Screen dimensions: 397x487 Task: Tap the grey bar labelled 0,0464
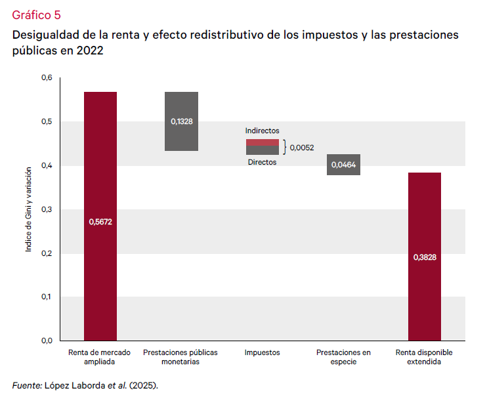click(x=343, y=165)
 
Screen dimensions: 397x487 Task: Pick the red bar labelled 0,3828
click(x=424, y=256)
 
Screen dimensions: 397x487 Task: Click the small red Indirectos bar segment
click(x=263, y=142)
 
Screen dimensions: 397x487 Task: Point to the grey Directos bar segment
click(x=263, y=150)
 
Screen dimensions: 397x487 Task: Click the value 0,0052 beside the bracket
click(x=302, y=148)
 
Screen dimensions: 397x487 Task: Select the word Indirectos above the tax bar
click(x=263, y=131)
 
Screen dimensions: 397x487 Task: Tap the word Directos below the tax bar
click(x=262, y=162)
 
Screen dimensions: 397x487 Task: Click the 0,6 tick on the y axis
click(x=47, y=78)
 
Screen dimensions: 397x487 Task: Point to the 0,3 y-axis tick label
click(x=47, y=209)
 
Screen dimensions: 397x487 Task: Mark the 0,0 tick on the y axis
click(x=47, y=341)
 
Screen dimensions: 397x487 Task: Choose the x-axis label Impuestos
click(x=263, y=352)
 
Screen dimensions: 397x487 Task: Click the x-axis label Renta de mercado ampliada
click(x=100, y=357)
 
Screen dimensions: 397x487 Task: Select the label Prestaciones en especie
click(x=343, y=357)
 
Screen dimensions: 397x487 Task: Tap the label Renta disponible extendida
click(x=424, y=357)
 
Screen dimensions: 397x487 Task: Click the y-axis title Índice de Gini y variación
click(x=29, y=209)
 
